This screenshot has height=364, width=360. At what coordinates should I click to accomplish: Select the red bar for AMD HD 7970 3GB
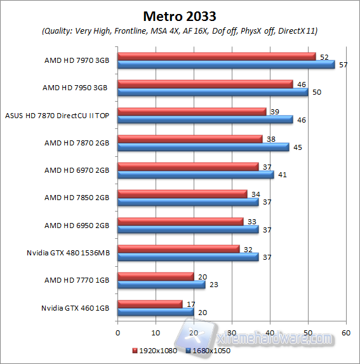pyautogui.click(x=217, y=57)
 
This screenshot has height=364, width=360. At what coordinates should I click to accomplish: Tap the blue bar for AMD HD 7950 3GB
pyautogui.click(x=213, y=92)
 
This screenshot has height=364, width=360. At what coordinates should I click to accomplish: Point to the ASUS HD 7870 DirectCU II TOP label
pyautogui.click(x=58, y=116)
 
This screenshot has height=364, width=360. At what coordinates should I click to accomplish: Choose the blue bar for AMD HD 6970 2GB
pyautogui.click(x=196, y=175)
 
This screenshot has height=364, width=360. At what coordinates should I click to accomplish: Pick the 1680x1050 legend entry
pyautogui.click(x=209, y=350)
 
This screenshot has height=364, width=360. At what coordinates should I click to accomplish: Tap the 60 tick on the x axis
pyautogui.click(x=346, y=332)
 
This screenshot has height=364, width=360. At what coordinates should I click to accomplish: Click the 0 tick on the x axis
pyautogui.click(x=117, y=332)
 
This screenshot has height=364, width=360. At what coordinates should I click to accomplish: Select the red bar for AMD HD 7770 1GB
pyautogui.click(x=156, y=276)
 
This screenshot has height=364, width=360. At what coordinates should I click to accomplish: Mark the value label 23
pyautogui.click(x=213, y=285)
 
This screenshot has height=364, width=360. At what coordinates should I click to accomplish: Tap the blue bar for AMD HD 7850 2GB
pyautogui.click(x=188, y=202)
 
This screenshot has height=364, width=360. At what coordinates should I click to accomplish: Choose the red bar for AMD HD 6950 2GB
pyautogui.click(x=180, y=222)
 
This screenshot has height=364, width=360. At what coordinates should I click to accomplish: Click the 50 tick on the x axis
pyautogui.click(x=308, y=332)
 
